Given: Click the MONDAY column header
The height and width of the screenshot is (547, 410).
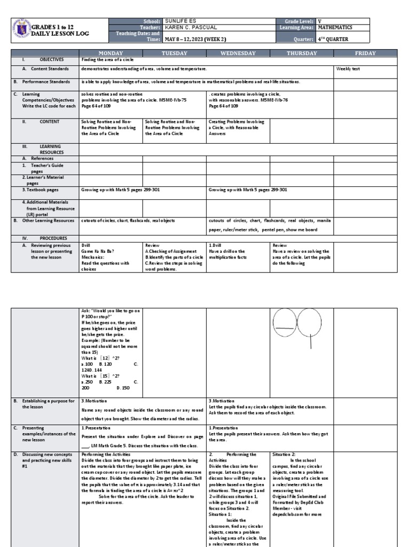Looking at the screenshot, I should point(111,53).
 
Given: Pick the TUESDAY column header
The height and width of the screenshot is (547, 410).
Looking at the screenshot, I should point(175,53).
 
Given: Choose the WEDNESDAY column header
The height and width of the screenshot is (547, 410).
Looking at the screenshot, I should point(238,53).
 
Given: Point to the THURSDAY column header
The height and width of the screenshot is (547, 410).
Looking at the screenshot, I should point(302,53).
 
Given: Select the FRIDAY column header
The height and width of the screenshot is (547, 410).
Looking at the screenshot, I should point(366,53).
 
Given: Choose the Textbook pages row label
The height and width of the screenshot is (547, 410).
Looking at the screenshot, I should point(40,190).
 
